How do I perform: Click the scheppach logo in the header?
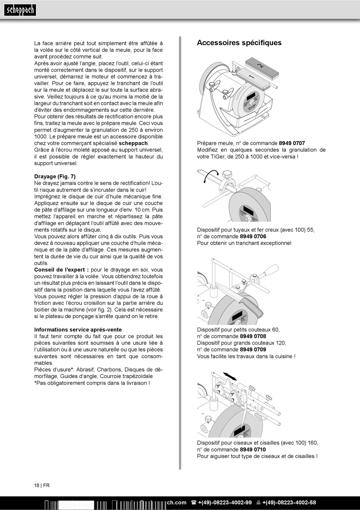(20, 10)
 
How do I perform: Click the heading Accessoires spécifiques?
(239, 43)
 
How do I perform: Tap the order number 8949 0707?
(292, 143)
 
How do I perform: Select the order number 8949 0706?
(253, 237)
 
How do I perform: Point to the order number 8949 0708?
(253, 336)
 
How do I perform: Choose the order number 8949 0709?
(253, 350)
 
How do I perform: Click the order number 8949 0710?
(253, 450)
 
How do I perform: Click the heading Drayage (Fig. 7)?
(55, 177)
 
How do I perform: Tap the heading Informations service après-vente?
(78, 330)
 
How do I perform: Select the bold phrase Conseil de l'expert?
(61, 270)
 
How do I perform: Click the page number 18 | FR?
(42, 485)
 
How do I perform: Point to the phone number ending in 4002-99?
(225, 503)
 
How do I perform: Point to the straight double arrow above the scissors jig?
(230, 376)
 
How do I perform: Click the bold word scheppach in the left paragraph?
(133, 143)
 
